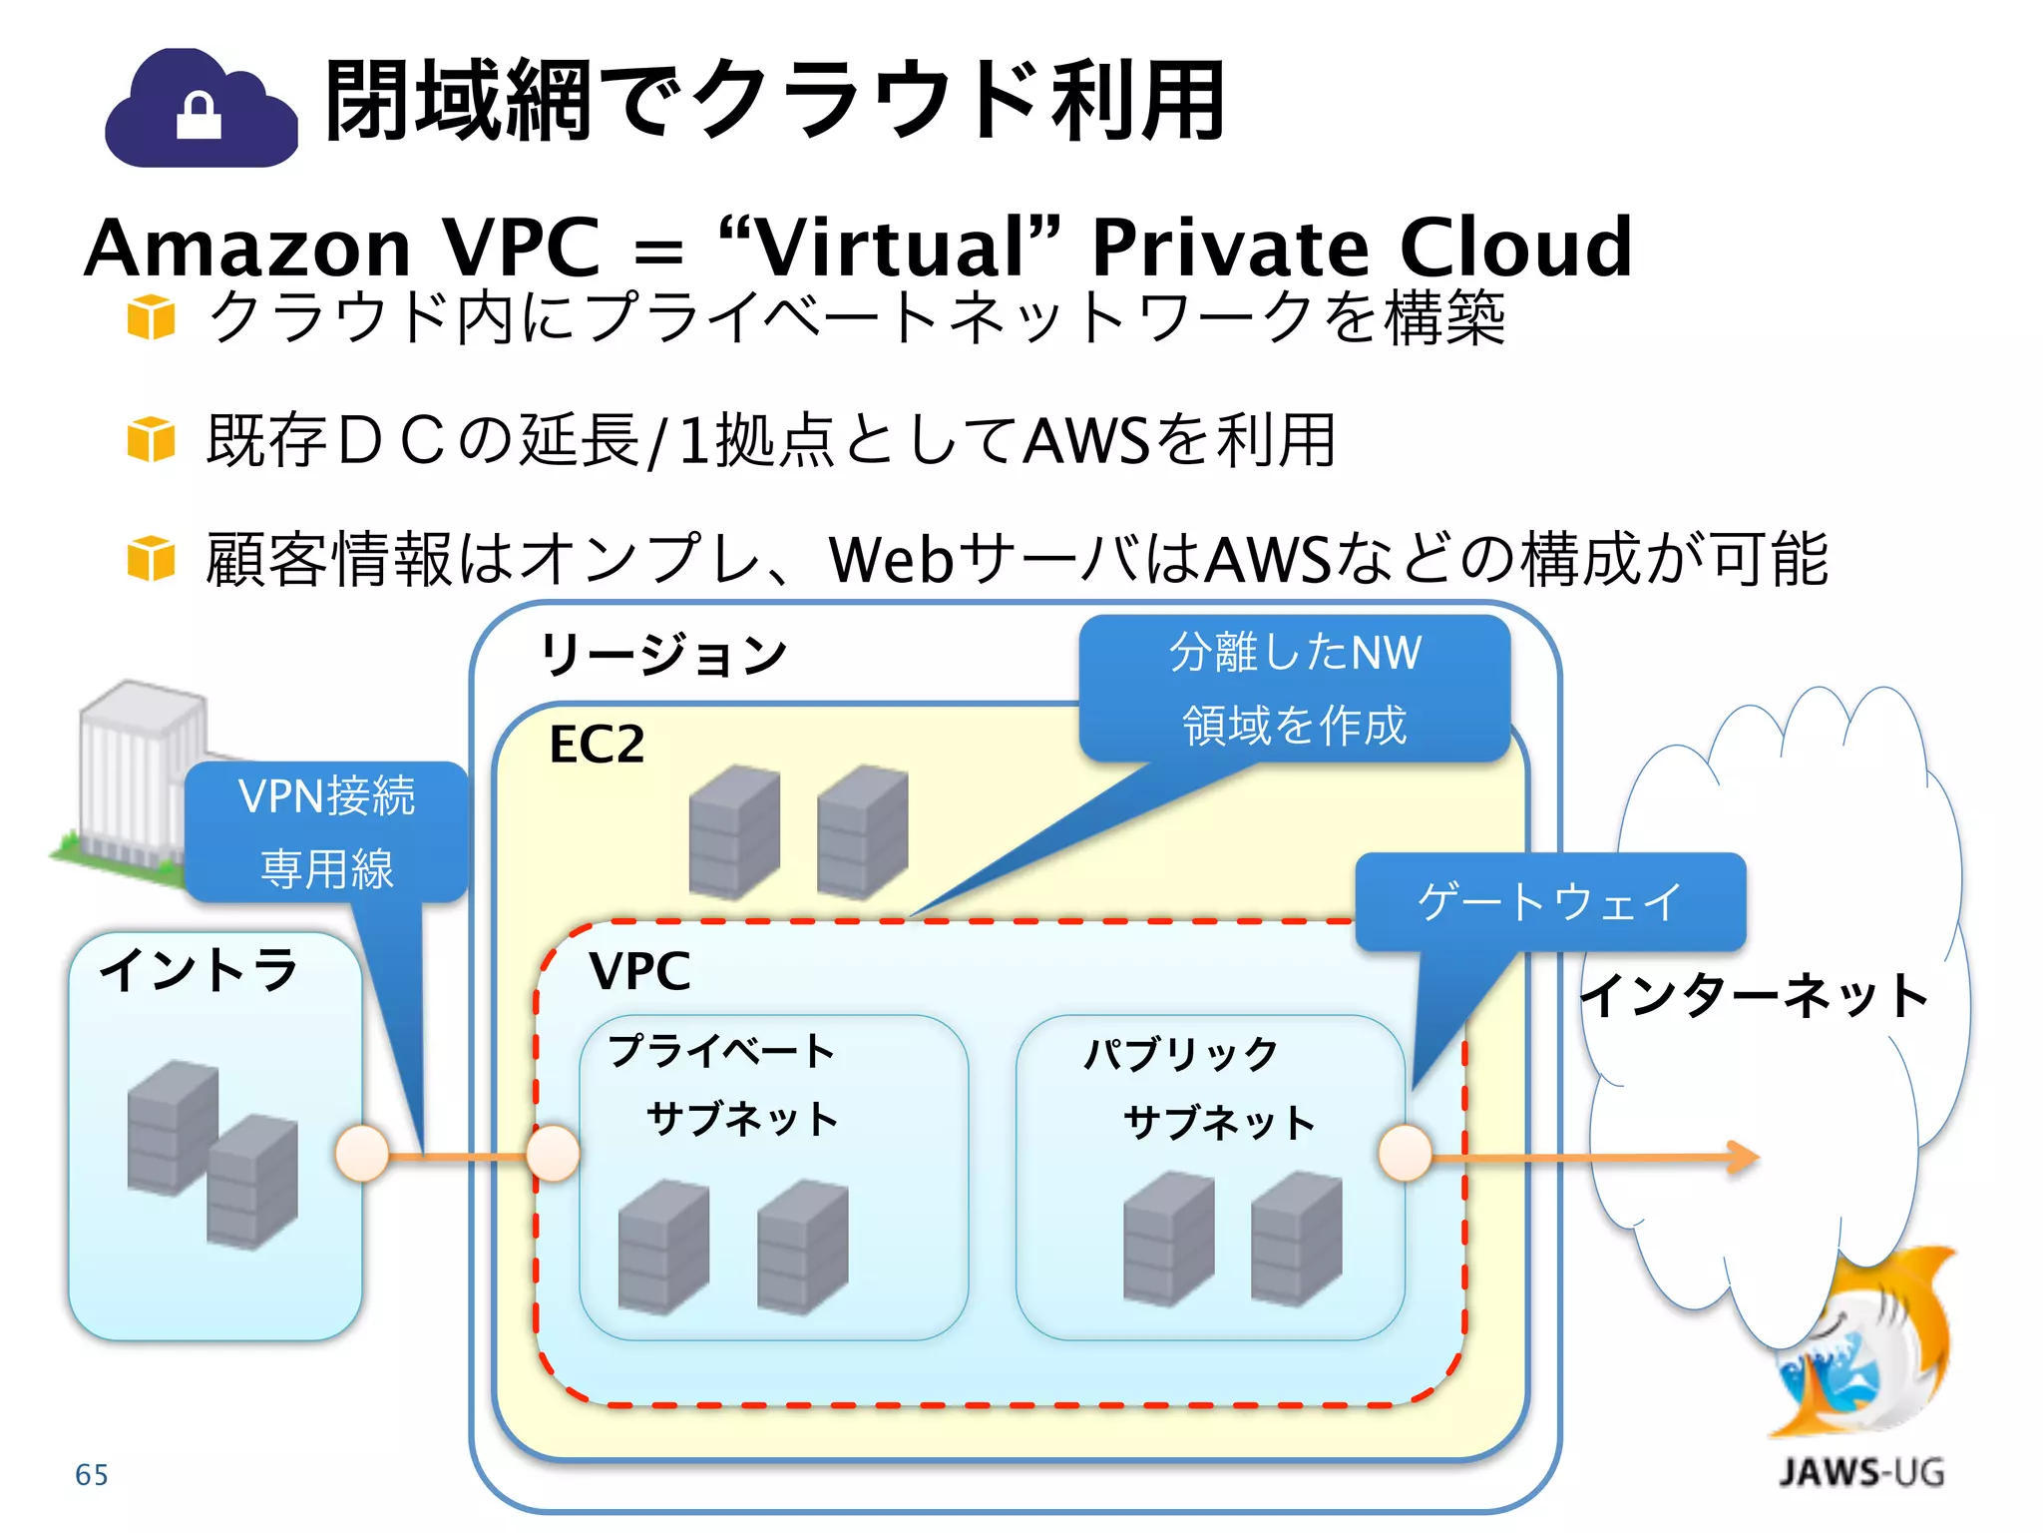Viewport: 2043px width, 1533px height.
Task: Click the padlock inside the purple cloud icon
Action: pyautogui.click(x=199, y=116)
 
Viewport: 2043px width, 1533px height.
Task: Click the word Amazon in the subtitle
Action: pyautogui.click(x=247, y=248)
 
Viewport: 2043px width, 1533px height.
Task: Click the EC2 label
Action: pyautogui.click(x=597, y=745)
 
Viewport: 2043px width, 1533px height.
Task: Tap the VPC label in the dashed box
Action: pyautogui.click(x=639, y=971)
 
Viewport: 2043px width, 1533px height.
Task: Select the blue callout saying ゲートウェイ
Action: pyautogui.click(x=1549, y=902)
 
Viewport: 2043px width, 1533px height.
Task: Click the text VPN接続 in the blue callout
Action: pyautogui.click(x=326, y=796)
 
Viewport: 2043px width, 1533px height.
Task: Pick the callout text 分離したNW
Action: pyautogui.click(x=1295, y=653)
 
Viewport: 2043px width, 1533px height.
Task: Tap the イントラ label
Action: pyautogui.click(x=200, y=969)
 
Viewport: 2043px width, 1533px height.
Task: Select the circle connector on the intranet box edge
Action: pyautogui.click(x=361, y=1154)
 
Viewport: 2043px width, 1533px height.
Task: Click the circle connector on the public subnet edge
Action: pyautogui.click(x=1405, y=1153)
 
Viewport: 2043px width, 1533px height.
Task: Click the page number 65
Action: pyautogui.click(x=92, y=1475)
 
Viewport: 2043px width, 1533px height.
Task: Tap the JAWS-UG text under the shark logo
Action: pyautogui.click(x=1861, y=1473)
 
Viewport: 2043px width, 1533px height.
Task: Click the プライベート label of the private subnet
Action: pyautogui.click(x=721, y=1051)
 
